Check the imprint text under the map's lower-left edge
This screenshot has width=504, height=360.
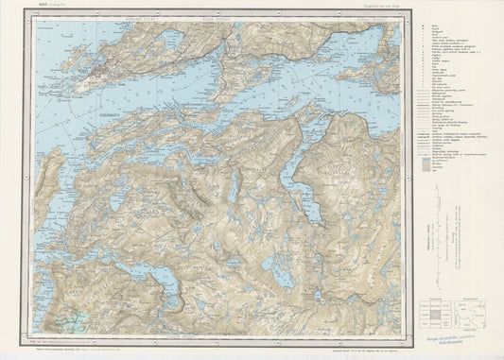coord(85,346)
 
